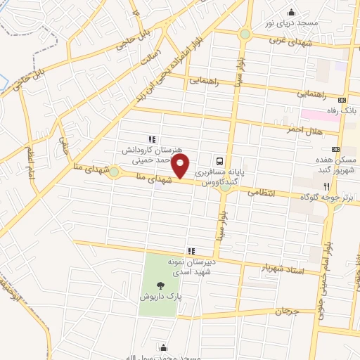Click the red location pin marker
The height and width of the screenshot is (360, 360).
click(x=181, y=166)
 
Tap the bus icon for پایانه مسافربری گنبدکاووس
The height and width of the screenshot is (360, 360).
click(x=220, y=160)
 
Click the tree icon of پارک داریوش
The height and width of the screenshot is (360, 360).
click(x=162, y=285)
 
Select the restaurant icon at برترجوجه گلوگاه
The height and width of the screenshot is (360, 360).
click(x=326, y=186)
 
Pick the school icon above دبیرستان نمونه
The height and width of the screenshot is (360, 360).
click(x=190, y=250)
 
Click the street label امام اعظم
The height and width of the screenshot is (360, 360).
click(x=32, y=162)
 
